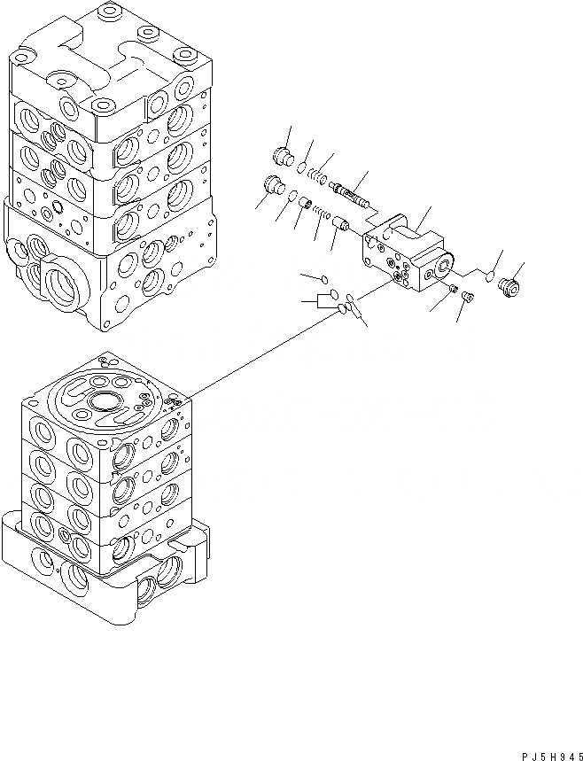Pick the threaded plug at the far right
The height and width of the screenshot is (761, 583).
pos(509,287)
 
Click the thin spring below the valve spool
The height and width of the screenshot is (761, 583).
pos(323,214)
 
